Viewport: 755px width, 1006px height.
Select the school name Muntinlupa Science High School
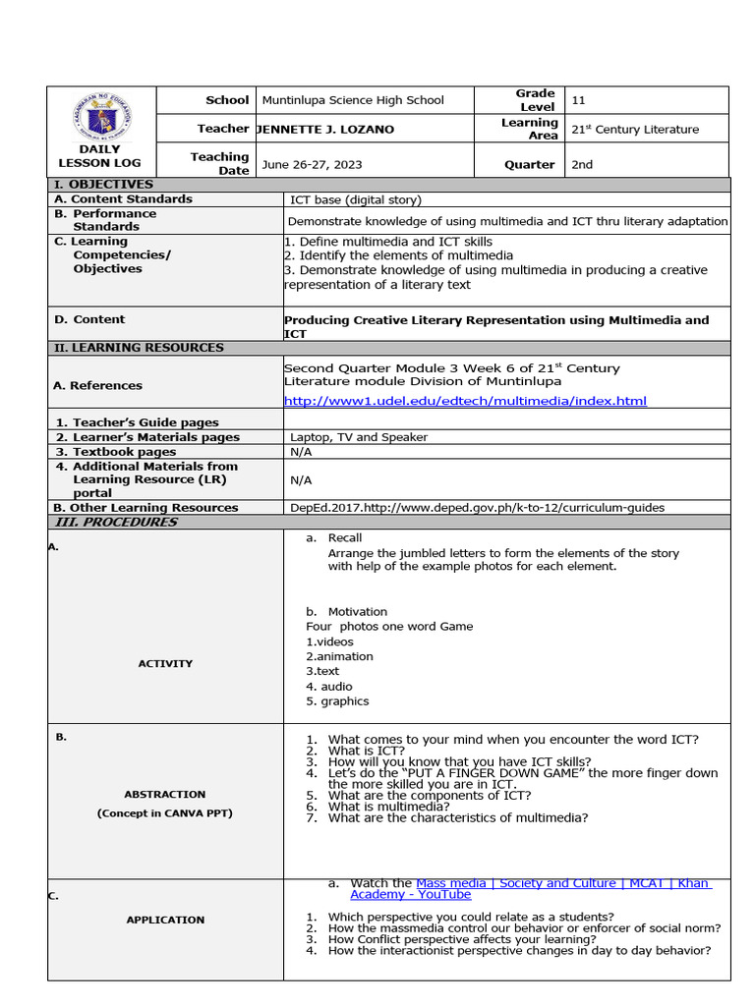point(353,100)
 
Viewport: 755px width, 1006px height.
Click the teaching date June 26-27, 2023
point(312,164)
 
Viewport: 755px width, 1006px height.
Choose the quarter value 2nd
point(582,164)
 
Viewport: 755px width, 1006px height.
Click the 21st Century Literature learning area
point(635,129)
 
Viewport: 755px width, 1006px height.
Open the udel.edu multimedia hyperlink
point(465,401)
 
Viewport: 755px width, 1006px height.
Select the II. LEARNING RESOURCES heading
point(139,348)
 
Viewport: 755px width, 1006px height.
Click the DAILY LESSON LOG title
point(99,156)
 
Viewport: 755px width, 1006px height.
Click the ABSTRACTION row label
point(165,794)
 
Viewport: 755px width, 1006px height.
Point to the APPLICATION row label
point(165,920)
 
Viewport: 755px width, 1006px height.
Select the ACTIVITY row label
point(165,664)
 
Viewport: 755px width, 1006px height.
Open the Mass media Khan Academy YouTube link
point(530,889)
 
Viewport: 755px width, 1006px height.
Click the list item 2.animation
point(339,656)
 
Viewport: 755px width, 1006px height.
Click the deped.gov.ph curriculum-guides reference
point(477,508)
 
